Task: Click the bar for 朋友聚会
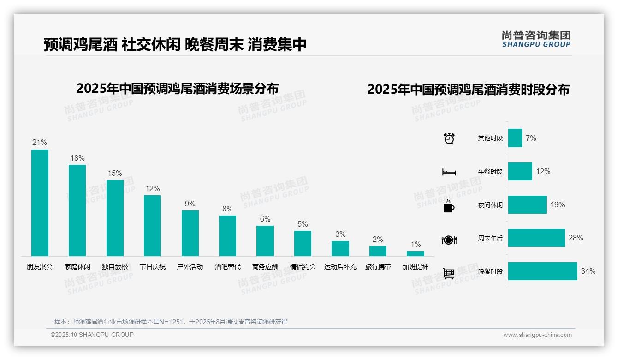(40, 203)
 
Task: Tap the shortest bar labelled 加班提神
(415, 253)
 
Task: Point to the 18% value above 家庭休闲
(77, 158)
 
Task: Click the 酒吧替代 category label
(228, 267)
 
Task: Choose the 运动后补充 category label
(340, 267)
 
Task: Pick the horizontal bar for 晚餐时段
(542, 271)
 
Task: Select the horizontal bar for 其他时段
(515, 138)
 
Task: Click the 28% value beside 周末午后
(576, 238)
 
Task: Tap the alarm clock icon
(449, 138)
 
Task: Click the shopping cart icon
(449, 273)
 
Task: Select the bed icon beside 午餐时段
(449, 172)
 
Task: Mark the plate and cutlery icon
(449, 240)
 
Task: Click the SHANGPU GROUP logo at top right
(536, 39)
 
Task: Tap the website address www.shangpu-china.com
(537, 335)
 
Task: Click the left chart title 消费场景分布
(177, 88)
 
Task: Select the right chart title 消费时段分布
(468, 90)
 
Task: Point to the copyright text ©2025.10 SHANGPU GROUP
(92, 335)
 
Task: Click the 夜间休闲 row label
(490, 205)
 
